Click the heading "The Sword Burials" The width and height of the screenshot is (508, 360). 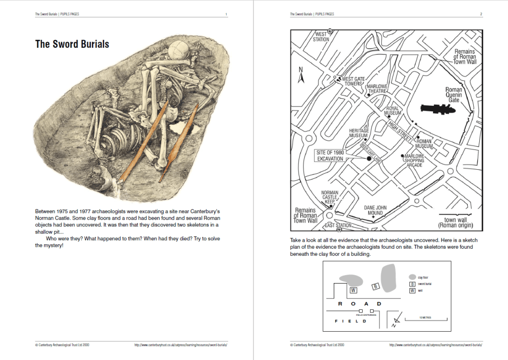click(x=72, y=44)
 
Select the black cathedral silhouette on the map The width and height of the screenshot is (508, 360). click(x=438, y=108)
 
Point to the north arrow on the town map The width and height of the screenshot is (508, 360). click(x=300, y=75)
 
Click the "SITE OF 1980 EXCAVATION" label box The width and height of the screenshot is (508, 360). click(x=330, y=155)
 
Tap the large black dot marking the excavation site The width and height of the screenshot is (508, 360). click(x=369, y=158)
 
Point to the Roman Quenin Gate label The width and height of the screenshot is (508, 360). click(x=453, y=95)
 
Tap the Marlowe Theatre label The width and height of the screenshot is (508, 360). click(x=377, y=89)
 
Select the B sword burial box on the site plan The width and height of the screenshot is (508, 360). click(x=376, y=286)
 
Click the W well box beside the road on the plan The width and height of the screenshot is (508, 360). click(x=353, y=289)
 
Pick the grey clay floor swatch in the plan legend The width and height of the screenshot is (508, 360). click(x=412, y=277)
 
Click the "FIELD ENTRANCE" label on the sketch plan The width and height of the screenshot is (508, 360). click(x=366, y=315)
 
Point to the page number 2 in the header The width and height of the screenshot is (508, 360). click(x=481, y=14)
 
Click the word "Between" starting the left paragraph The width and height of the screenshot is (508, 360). click(x=45, y=211)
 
